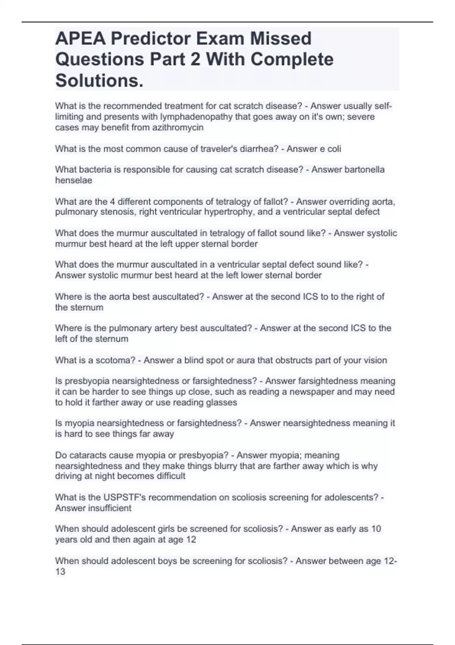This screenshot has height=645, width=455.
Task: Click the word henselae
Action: click(74, 180)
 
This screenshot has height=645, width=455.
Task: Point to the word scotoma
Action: click(115, 360)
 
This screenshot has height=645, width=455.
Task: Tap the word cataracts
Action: click(88, 455)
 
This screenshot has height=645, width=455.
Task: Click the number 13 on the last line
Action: click(60, 571)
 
